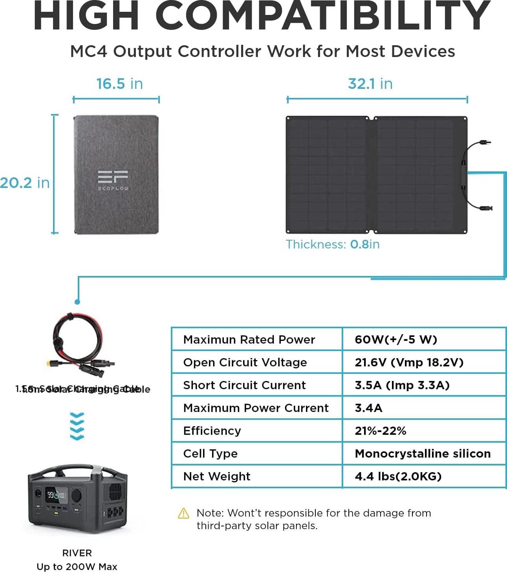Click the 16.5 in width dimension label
pyautogui.click(x=119, y=84)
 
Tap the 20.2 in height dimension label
pyautogui.click(x=25, y=183)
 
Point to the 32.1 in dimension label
pyautogui.click(x=370, y=84)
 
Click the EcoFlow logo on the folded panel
pyautogui.click(x=113, y=180)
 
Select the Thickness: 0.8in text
pyautogui.click(x=332, y=245)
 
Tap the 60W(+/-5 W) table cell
pyautogui.click(x=395, y=340)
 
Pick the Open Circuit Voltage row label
pyautogui.click(x=245, y=362)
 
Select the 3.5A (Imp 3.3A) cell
pyautogui.click(x=402, y=385)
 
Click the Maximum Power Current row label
pyautogui.click(x=256, y=408)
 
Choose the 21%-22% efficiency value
pyautogui.click(x=380, y=431)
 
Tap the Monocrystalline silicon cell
pyautogui.click(x=423, y=454)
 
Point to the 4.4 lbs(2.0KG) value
pyautogui.click(x=398, y=476)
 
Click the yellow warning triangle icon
pyautogui.click(x=183, y=513)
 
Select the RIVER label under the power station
pyautogui.click(x=77, y=553)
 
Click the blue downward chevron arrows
pyautogui.click(x=77, y=426)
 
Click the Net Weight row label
pyautogui.click(x=216, y=476)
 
